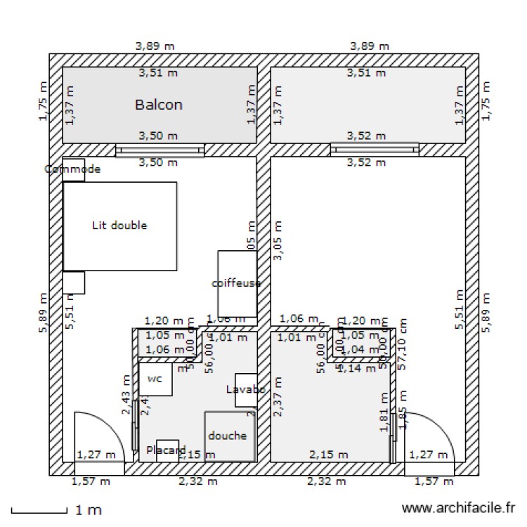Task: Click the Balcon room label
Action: coord(159,105)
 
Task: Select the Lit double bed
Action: coord(119,226)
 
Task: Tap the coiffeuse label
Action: coord(236,283)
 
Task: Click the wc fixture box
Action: coord(155,379)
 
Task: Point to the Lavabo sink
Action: coord(245,390)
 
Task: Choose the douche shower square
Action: coord(228,436)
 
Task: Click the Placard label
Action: coord(166,450)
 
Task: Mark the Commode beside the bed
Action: coord(73,169)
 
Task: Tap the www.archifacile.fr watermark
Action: coord(457,507)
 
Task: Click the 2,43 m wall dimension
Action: coord(126,393)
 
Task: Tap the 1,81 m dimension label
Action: coord(384,411)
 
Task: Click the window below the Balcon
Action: coord(160,150)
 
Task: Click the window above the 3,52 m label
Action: coord(375,148)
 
